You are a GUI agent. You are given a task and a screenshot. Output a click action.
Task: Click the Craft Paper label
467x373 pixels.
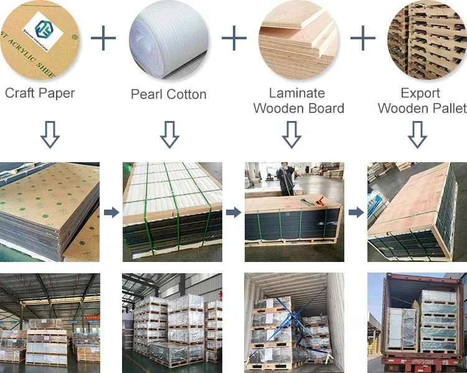click(x=40, y=94)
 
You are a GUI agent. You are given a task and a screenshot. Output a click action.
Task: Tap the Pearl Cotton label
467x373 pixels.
click(x=168, y=95)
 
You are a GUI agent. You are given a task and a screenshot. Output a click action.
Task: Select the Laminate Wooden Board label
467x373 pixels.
click(x=298, y=100)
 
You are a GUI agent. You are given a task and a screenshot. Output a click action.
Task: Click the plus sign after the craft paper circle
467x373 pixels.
click(x=103, y=39)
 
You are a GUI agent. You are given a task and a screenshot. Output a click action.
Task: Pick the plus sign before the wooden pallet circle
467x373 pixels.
click(x=363, y=39)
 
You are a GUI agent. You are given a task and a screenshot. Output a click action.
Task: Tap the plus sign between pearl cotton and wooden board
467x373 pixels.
click(x=234, y=39)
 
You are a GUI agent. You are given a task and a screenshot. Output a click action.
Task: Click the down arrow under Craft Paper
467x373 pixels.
click(x=50, y=134)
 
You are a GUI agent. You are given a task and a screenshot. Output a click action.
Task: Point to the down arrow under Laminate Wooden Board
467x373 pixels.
click(x=291, y=134)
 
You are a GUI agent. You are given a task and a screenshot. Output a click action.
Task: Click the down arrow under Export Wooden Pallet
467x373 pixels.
click(x=417, y=134)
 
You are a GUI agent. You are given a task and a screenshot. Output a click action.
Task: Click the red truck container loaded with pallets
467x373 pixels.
click(x=417, y=324)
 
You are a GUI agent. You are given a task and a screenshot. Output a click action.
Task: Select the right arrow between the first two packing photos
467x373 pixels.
click(x=111, y=213)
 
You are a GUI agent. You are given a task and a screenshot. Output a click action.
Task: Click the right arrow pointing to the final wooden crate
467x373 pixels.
click(x=356, y=213)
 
